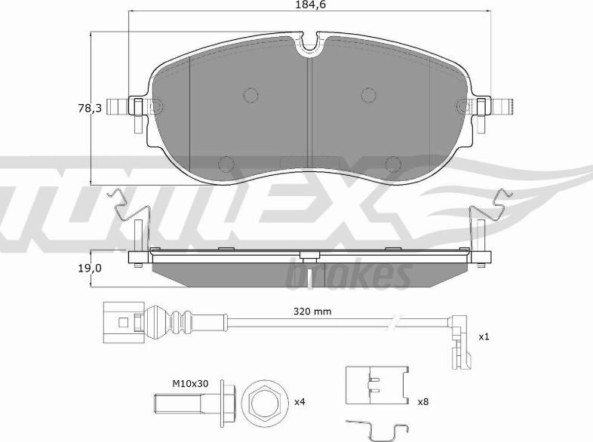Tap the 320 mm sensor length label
coord(312,311)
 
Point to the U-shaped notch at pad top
coord(310,46)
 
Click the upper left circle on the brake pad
coord(250,94)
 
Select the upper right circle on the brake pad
coord(368,94)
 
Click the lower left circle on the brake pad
coord(226,162)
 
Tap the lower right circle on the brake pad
coord(393,162)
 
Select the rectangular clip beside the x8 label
coord(376,385)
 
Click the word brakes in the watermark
coord(349,277)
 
